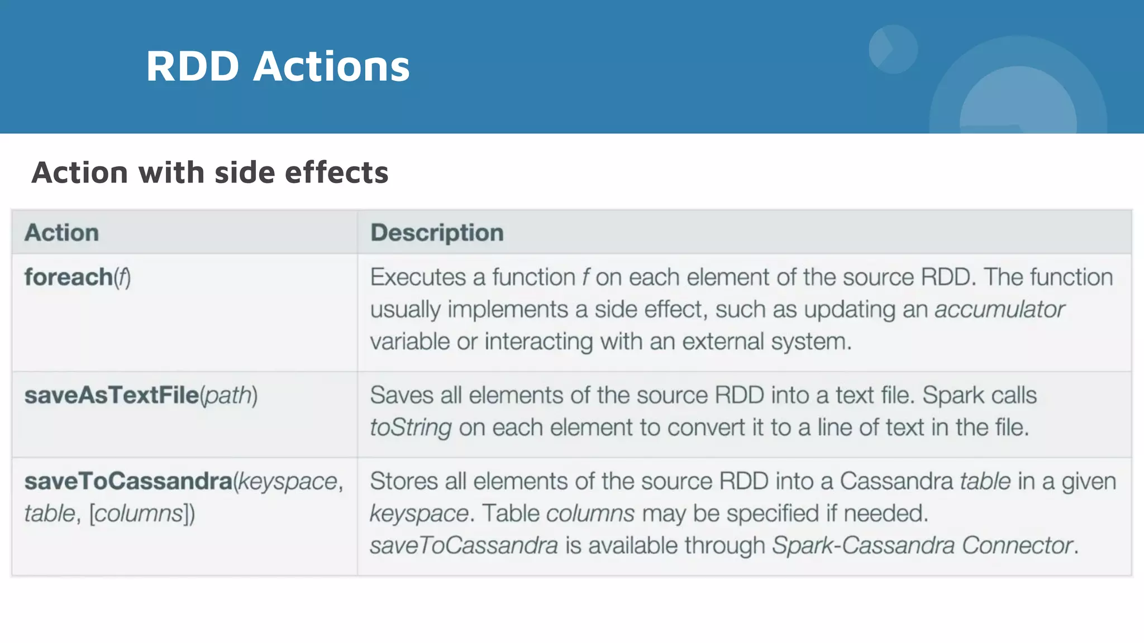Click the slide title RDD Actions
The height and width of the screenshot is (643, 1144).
pyautogui.click(x=278, y=66)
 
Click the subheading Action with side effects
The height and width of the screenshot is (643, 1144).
pyautogui.click(x=210, y=172)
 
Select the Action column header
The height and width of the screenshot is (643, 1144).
pyautogui.click(x=61, y=232)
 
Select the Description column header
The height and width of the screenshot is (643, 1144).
pyautogui.click(x=437, y=232)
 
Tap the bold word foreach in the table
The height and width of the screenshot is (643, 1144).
pyautogui.click(x=69, y=277)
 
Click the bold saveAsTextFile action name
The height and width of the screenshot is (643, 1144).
pyautogui.click(x=112, y=395)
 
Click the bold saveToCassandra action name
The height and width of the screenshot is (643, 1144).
pyautogui.click(x=128, y=481)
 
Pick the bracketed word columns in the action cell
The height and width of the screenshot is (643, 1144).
pyautogui.click(x=138, y=514)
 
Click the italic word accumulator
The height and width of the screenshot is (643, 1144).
pyautogui.click(x=999, y=309)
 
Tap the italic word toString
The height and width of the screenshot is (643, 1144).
pyautogui.click(x=411, y=428)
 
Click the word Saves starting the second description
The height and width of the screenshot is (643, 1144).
pyautogui.click(x=402, y=395)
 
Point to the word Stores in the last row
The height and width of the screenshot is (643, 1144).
pyautogui.click(x=404, y=481)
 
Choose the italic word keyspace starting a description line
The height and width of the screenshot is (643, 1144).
pyautogui.click(x=419, y=514)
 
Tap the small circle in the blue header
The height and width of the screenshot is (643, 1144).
pyautogui.click(x=893, y=49)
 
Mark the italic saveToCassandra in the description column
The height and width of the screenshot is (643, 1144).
pyautogui.click(x=464, y=545)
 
